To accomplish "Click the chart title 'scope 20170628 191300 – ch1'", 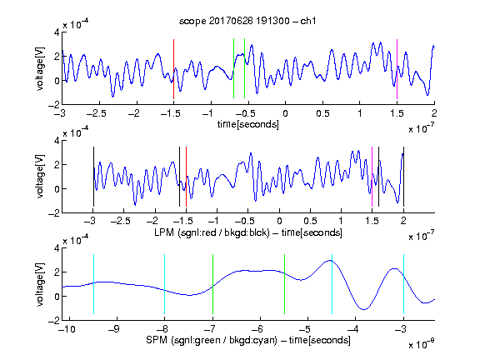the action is [247, 21].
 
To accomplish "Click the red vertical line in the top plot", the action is [173, 69].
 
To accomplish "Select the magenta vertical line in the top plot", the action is [397, 69].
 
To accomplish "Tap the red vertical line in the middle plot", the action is [186, 177].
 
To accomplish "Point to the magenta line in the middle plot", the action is [372, 177].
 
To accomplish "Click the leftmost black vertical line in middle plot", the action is [93, 177].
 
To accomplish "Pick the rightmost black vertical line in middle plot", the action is [403, 177].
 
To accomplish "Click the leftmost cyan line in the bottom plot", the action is [93, 284].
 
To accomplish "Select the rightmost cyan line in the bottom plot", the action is [403, 284].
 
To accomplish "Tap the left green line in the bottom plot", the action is [212, 284].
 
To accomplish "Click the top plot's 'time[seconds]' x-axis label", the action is [248, 124].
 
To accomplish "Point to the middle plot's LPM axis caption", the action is [248, 232].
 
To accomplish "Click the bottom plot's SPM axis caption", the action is [248, 340].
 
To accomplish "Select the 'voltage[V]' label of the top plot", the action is [40, 68].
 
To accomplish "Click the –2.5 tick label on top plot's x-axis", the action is [96, 113].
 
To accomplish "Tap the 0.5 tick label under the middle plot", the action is [310, 221].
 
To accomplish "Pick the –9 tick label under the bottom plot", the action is [114, 329].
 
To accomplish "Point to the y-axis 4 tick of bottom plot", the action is [57, 248].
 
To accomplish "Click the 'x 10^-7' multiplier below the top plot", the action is [422, 128].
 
